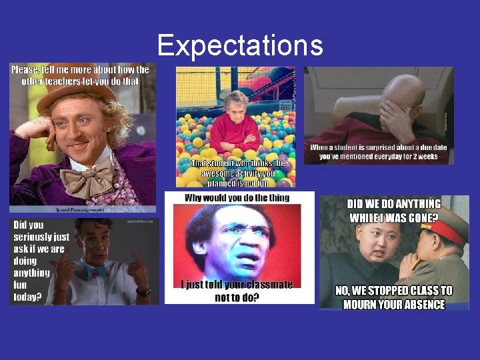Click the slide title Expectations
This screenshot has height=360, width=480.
coord(240,45)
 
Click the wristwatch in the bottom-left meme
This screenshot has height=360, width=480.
coord(143,291)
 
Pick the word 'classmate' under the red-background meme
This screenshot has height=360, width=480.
coord(265,285)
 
